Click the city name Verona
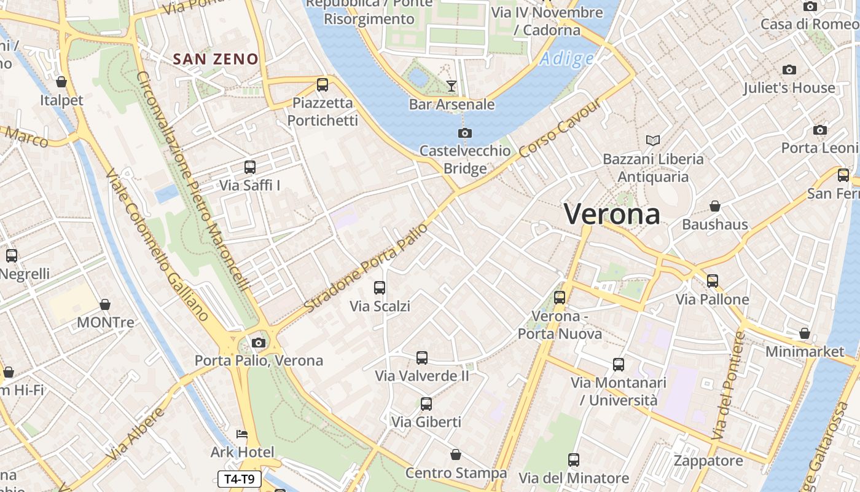[612, 215]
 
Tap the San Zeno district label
[216, 59]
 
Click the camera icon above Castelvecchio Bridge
[465, 133]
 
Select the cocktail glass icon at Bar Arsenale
[451, 86]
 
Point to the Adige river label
[567, 59]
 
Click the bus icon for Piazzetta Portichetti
[322, 85]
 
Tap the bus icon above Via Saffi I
[249, 167]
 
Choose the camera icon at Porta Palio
[259, 343]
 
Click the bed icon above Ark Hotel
[242, 434]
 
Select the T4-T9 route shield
[240, 479]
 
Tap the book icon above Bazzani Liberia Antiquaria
[653, 141]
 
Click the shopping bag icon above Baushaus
[715, 206]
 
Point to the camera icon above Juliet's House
[789, 69]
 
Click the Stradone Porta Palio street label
[366, 268]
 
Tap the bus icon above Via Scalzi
[380, 287]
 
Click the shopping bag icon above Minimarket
[805, 333]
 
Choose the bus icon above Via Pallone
[713, 281]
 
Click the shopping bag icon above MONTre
[105, 304]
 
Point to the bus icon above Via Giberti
[426, 404]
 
